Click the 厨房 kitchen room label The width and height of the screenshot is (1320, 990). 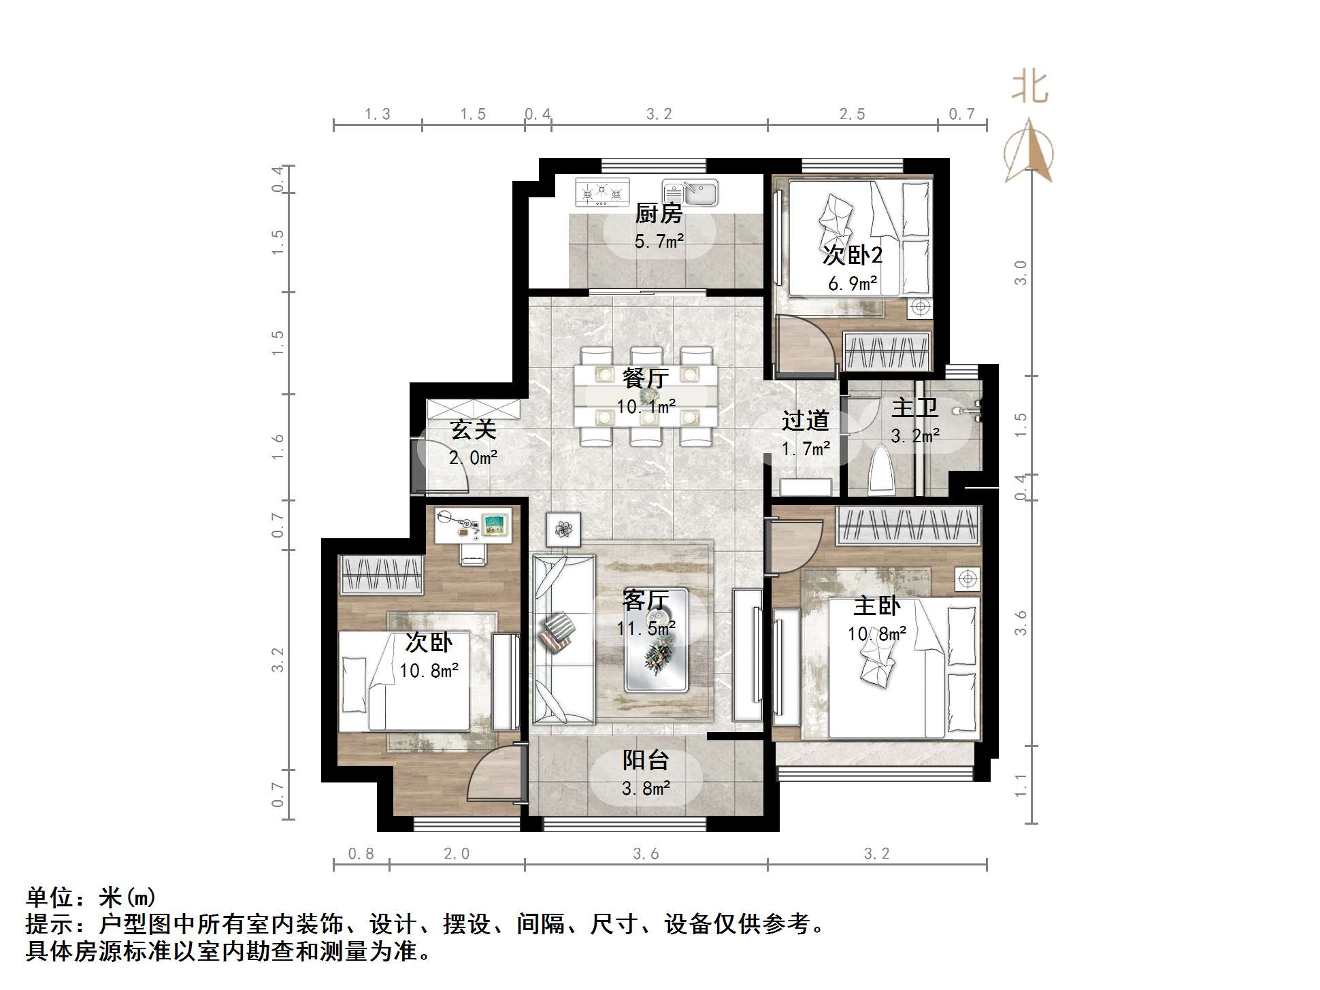tap(659, 214)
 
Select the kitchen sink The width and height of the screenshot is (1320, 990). tap(691, 193)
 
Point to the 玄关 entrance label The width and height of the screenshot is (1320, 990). tap(473, 429)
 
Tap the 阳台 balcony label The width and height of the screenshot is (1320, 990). tap(646, 760)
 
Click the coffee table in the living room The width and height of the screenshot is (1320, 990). tap(656, 640)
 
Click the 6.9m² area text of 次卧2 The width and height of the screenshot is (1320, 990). tap(853, 283)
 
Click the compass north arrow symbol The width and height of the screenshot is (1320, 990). tap(1029, 151)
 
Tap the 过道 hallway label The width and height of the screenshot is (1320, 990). tap(805, 421)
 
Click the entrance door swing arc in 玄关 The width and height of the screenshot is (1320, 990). tap(450, 463)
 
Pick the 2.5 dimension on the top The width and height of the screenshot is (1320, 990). tap(852, 114)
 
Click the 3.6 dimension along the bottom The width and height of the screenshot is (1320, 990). tap(646, 854)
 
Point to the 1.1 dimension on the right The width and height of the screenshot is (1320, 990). tap(1021, 785)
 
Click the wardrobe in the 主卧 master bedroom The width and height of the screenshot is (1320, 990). tap(909, 525)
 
